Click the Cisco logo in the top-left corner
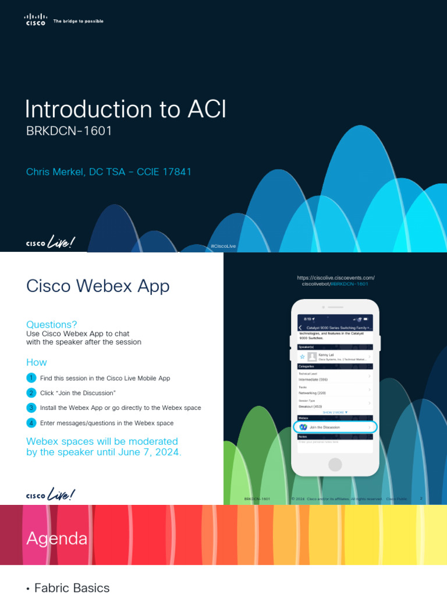(x=36, y=20)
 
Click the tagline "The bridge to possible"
(x=78, y=21)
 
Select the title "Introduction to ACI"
(x=125, y=110)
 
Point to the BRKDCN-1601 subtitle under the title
(x=69, y=131)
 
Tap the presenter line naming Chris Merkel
(x=109, y=172)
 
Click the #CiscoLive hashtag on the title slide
(x=223, y=246)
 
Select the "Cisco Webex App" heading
(x=98, y=286)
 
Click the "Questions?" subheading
(x=52, y=325)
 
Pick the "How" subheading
(x=37, y=363)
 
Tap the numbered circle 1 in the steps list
(x=31, y=378)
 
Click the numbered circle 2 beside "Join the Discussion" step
(x=31, y=393)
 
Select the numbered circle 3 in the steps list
(x=31, y=408)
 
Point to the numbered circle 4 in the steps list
(x=31, y=423)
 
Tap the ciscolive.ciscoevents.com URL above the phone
(x=335, y=278)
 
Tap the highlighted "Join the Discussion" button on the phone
(x=335, y=427)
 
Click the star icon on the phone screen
(x=303, y=356)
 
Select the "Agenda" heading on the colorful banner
(x=57, y=539)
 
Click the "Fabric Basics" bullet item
(x=72, y=588)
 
